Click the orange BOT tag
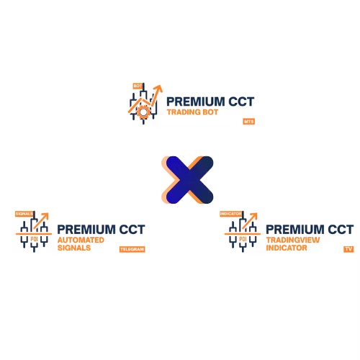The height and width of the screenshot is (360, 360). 138,86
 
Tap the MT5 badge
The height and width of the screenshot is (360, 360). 248,122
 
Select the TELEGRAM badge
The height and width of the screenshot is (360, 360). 132,249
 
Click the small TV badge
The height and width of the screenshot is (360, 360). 348,249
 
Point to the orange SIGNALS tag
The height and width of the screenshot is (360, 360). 24,214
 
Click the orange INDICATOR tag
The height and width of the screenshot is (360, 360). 230,214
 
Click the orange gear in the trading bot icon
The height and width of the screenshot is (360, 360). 143,112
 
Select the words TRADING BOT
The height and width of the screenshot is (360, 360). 192,112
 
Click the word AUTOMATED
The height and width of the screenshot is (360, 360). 81,240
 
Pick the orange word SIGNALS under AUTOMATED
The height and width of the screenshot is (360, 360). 74,248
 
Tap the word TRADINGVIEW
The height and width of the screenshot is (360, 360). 293,240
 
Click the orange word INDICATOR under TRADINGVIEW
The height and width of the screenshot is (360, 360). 287,248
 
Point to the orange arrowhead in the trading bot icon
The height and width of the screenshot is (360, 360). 158,89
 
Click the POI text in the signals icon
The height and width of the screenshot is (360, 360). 34,239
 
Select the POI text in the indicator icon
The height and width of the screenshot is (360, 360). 243,239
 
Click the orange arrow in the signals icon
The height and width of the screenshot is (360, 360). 41,221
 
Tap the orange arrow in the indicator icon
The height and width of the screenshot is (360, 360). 250,221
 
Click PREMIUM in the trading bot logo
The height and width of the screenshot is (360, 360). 196,102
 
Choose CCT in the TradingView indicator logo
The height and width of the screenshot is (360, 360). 341,230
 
